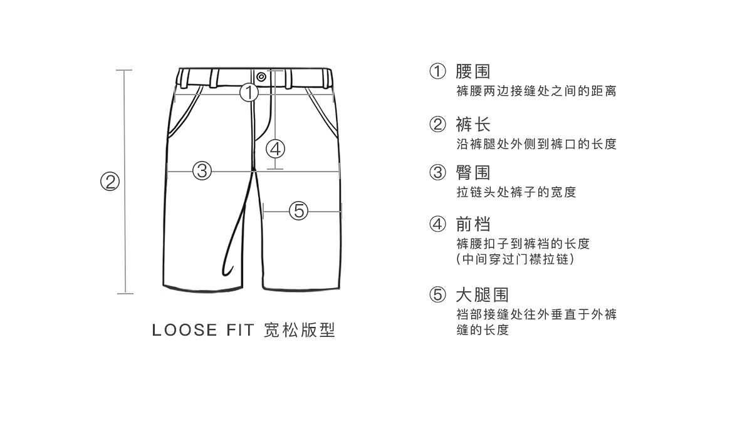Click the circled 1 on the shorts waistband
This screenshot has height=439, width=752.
[x=249, y=93]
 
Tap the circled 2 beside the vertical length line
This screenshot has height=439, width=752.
[x=110, y=182]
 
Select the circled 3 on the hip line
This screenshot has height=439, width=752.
[x=202, y=170]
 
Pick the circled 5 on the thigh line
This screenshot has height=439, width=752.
[x=299, y=211]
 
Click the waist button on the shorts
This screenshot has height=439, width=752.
[x=261, y=77]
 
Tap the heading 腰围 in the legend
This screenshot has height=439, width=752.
[x=473, y=71]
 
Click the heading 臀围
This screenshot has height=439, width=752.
[x=473, y=172]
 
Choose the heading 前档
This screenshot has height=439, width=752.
[x=473, y=224]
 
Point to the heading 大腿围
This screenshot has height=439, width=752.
[x=482, y=294]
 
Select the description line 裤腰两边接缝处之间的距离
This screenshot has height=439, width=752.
[x=536, y=91]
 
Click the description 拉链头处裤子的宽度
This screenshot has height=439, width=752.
[x=516, y=192]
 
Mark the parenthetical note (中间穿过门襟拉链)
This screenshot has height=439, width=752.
[x=515, y=259]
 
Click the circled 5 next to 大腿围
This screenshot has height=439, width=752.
[x=437, y=294]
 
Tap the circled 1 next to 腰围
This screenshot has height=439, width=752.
[x=437, y=71]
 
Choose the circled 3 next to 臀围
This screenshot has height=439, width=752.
[x=437, y=172]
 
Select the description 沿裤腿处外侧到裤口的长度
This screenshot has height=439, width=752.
[x=536, y=144]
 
